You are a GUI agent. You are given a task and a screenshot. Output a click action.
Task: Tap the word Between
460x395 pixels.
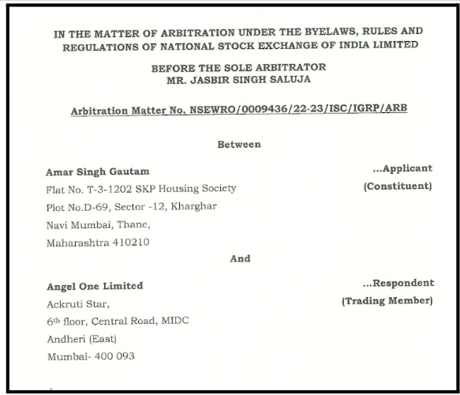point(238,145)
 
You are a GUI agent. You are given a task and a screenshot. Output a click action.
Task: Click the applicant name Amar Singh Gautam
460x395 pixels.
point(98,171)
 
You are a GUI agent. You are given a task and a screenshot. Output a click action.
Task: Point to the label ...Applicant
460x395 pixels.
point(402,168)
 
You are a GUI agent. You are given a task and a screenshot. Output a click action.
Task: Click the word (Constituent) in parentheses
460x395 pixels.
point(398,186)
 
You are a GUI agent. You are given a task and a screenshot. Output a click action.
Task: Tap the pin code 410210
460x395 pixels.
point(126,243)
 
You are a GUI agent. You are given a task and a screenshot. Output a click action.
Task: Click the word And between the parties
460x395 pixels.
point(240,258)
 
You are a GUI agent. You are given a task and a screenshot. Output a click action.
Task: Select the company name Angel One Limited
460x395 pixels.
point(95,285)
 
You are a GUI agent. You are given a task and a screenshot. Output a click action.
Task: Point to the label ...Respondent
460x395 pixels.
point(398,283)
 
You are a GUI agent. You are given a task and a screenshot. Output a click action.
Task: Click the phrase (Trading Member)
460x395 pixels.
point(387,301)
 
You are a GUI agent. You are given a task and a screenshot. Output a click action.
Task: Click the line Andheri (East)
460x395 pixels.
point(81,338)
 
